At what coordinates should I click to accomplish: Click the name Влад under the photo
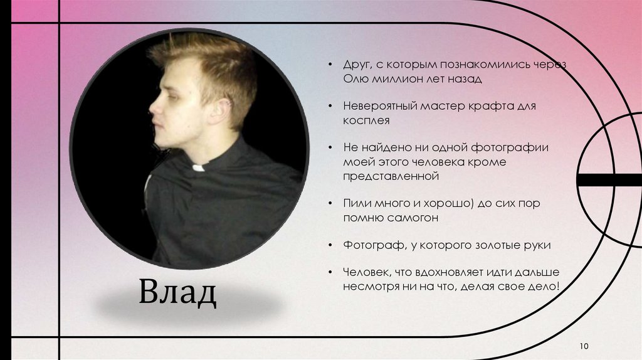click(x=177, y=293)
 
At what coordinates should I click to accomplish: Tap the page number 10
click(x=584, y=346)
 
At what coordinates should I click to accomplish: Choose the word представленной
click(x=389, y=176)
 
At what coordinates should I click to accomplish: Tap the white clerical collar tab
click(x=199, y=167)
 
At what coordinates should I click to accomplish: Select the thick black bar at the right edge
click(x=608, y=180)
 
